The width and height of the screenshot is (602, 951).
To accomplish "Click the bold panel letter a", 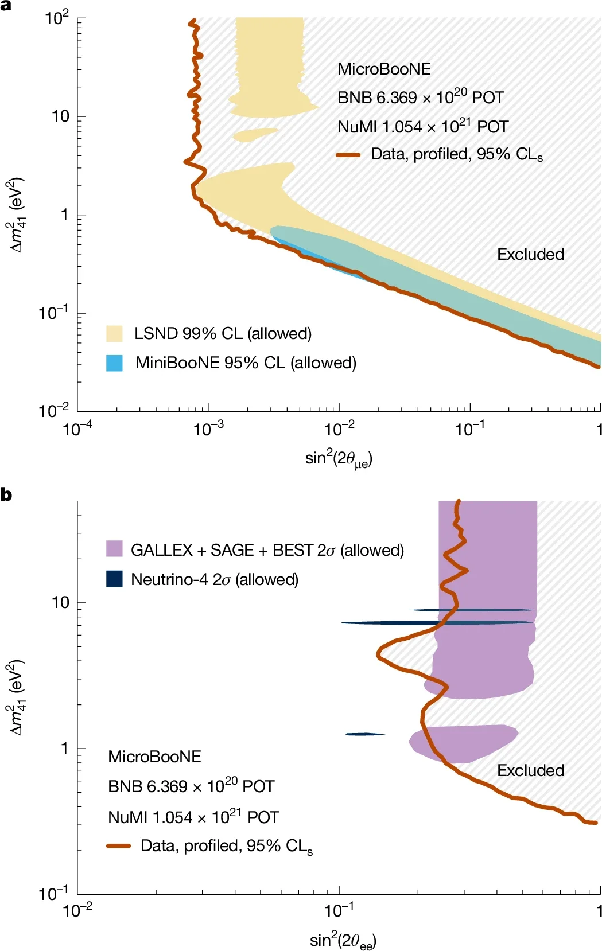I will click(6, 5).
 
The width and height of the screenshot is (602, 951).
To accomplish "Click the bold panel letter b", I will click(6, 494).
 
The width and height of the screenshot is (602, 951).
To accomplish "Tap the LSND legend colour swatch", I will click(114, 333).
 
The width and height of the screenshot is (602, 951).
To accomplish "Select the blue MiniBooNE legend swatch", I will click(114, 363).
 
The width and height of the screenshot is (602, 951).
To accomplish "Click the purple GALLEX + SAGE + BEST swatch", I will click(114, 548).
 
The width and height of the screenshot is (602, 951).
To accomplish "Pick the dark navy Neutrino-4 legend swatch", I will click(114, 579).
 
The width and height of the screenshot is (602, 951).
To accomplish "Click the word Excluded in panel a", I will click(530, 254).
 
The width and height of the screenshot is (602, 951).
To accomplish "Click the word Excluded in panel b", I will click(530, 770).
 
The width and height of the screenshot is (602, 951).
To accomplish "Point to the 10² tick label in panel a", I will click(57, 18).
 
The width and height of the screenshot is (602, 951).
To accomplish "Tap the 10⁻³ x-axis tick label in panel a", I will click(208, 428).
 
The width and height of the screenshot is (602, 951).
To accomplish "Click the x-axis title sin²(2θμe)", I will click(339, 458).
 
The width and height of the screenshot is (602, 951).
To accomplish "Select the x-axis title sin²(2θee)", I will click(343, 941).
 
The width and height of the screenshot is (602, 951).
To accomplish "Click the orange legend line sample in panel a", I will click(348, 155).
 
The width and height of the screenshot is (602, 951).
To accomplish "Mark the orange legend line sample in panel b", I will click(119, 846).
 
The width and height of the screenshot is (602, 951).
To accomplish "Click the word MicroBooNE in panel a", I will click(384, 69).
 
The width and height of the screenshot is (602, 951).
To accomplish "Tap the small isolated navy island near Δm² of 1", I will click(364, 734).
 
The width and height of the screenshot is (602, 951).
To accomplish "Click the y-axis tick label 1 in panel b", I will click(65, 748).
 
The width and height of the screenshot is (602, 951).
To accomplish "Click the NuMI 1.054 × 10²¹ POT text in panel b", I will click(193, 817).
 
